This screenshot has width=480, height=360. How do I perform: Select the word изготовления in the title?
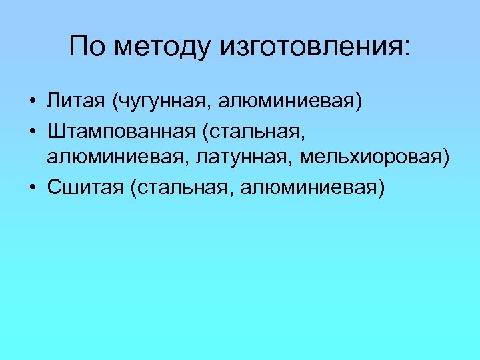306,47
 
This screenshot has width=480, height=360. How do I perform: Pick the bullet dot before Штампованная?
32,131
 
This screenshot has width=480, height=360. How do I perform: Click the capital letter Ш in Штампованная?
55,131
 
